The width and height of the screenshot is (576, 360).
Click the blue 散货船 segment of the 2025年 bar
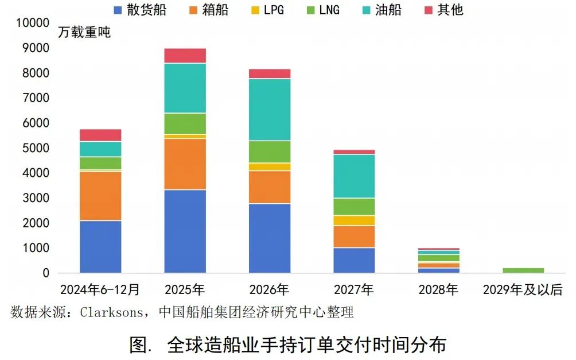185,231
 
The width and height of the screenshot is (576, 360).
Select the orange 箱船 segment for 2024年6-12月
100,196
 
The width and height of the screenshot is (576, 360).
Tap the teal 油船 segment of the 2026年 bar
270,110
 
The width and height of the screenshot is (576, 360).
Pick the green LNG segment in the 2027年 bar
354,207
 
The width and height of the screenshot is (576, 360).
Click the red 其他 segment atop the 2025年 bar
185,56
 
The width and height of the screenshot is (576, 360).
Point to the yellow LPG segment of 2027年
354,220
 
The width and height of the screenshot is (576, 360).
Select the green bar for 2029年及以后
523,270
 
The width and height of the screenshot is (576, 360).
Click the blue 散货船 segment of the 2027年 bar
354,260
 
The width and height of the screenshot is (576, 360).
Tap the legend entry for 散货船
140,10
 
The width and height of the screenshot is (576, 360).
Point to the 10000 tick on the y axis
33,23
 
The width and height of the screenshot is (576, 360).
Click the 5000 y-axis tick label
36,148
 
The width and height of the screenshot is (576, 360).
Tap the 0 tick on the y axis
46,273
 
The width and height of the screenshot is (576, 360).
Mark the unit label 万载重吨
84,32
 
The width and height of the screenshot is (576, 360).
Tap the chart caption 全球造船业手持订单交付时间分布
306,345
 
